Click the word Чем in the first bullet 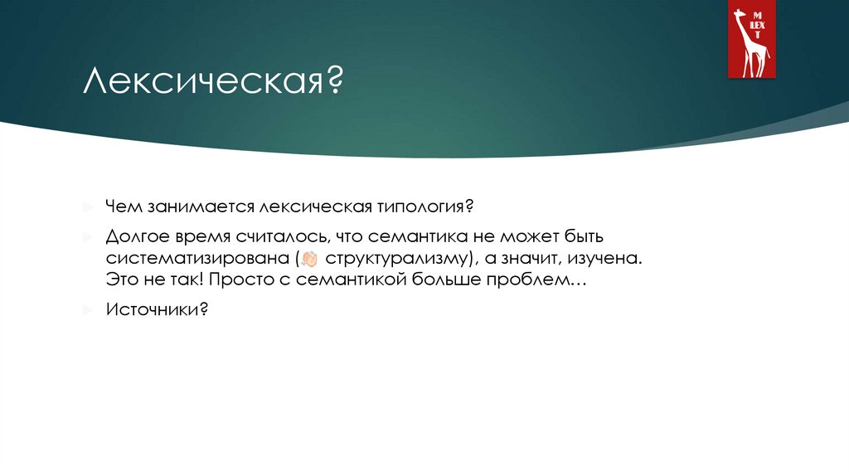122,205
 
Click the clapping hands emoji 311,258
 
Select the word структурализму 400,258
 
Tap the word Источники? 156,310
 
